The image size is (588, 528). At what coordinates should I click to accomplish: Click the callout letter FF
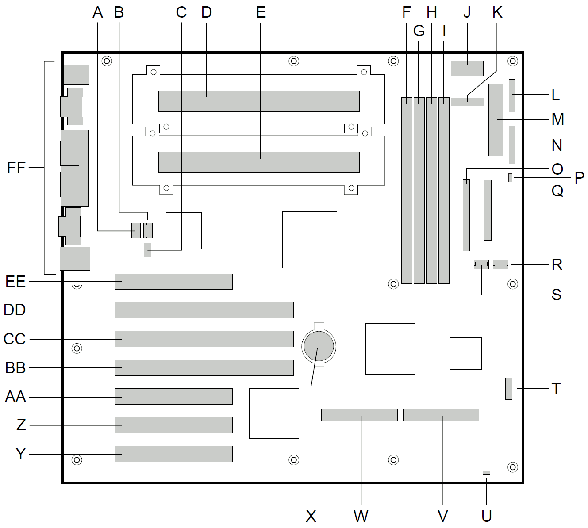16,168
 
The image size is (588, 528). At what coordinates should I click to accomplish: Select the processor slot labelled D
259,101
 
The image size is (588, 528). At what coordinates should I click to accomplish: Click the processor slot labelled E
259,162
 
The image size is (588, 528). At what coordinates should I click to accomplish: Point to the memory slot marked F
407,190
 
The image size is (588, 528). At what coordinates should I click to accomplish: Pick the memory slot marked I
444,190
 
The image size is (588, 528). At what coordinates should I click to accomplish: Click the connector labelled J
467,69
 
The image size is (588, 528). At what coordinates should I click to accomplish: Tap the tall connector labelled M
496,120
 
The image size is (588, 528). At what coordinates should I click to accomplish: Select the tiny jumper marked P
511,178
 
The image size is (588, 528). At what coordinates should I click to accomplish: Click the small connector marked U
486,473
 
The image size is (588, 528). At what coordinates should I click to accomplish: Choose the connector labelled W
359,415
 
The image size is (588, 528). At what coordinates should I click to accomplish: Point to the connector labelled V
441,415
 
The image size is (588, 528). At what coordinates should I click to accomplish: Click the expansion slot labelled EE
173,282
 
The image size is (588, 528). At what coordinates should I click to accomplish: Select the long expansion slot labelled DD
204,310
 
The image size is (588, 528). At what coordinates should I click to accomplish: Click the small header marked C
147,250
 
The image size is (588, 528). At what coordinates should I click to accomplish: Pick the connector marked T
509,389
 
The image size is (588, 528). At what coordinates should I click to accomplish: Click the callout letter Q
557,191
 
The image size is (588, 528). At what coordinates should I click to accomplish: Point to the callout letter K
497,12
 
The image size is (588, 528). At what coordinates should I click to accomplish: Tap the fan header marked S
481,264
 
